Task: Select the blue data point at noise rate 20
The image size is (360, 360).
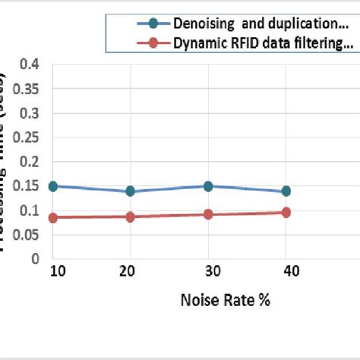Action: pos(130,191)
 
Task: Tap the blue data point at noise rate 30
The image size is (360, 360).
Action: pos(207,186)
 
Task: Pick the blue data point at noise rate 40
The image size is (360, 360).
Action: pos(286,191)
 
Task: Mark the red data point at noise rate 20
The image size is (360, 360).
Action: pos(130,217)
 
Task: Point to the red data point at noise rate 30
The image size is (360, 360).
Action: pos(207,215)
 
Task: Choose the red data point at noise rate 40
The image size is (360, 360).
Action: pos(286,213)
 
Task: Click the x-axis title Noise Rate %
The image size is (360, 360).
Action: pos(226,300)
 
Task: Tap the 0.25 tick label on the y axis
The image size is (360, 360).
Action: pos(26,137)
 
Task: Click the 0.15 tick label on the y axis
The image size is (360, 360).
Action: pos(26,186)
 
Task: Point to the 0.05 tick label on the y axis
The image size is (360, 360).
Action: pos(26,234)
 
